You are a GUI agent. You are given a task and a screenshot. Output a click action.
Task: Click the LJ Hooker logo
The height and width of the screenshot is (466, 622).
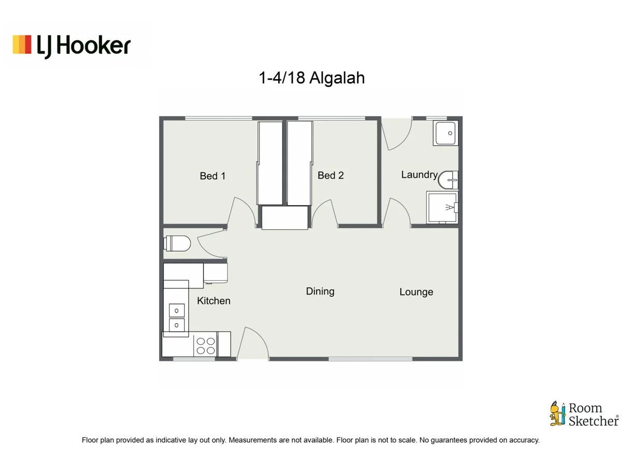pos(72,46)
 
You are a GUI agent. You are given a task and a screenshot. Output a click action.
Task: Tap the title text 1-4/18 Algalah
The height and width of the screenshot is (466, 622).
pos(312,78)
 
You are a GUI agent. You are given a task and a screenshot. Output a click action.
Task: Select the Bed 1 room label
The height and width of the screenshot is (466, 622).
pos(213,176)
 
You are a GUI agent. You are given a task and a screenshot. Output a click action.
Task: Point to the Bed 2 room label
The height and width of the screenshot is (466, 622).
pos(331,176)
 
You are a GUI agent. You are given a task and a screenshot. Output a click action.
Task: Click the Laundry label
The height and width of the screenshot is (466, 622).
pos(419,174)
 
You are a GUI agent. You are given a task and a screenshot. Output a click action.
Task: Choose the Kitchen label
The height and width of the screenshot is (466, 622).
pos(214,301)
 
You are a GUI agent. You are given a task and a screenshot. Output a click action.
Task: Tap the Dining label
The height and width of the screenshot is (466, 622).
pos(320,291)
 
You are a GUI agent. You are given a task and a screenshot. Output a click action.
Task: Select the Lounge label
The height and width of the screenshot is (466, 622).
pos(416,292)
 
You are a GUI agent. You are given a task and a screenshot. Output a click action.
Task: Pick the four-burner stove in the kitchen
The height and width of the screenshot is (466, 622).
pos(205,345)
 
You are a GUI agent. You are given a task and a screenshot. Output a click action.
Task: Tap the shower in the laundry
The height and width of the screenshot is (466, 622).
pos(442,207)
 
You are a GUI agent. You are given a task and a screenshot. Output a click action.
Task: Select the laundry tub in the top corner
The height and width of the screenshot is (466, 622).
pos(445,134)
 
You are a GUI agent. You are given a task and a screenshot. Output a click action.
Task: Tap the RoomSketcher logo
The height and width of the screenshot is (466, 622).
pos(584,414)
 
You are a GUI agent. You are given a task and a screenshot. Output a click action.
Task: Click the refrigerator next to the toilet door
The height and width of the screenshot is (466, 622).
pos(216,273)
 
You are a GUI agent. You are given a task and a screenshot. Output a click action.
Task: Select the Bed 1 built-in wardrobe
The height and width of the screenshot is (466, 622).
pos(270,163)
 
